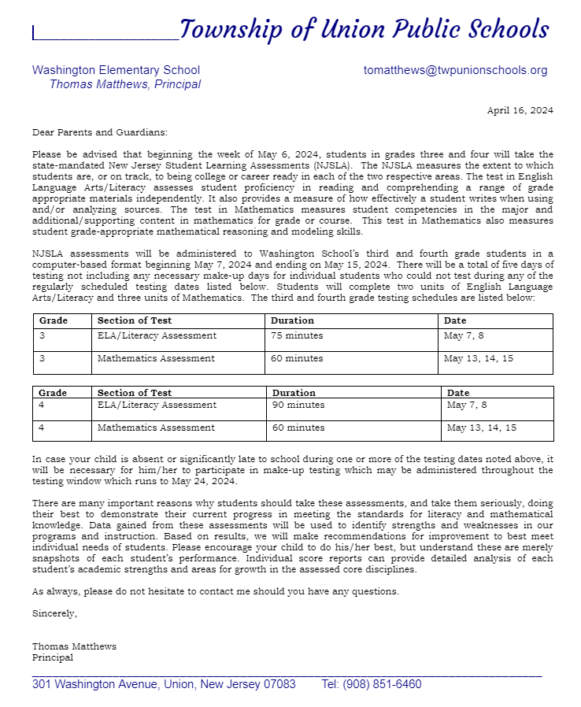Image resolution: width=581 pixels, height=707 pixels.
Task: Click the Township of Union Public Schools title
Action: click(364, 30)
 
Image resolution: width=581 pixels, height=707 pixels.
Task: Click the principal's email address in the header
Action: click(455, 70)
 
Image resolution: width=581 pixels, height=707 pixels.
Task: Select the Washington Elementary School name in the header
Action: click(116, 70)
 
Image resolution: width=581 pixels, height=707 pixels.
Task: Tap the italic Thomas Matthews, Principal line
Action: click(124, 84)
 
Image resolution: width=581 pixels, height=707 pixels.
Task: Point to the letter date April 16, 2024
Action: click(520, 110)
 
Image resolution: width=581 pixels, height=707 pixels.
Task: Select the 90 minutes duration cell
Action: click(298, 405)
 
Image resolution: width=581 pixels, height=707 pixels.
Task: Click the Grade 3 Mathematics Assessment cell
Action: click(156, 358)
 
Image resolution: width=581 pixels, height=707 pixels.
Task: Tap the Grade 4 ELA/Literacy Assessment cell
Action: click(157, 405)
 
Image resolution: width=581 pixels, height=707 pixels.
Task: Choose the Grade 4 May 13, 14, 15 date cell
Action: click(481, 428)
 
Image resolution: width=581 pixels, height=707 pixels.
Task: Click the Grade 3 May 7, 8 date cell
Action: click(464, 335)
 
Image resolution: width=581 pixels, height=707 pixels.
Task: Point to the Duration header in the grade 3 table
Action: click(292, 320)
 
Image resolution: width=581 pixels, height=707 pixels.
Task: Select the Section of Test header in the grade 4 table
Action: click(135, 392)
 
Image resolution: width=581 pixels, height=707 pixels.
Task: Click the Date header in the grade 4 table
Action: click(457, 392)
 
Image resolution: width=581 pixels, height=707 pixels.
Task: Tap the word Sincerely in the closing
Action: click(54, 613)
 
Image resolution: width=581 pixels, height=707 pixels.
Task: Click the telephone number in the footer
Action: click(372, 684)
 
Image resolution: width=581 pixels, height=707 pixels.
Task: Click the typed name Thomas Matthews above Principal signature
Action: click(74, 646)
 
